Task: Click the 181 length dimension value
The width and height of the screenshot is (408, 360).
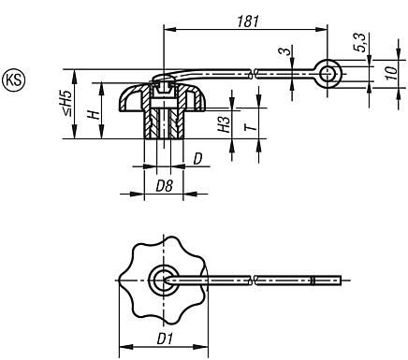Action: tap(247, 19)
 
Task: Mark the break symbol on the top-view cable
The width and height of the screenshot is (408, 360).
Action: tap(255, 279)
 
